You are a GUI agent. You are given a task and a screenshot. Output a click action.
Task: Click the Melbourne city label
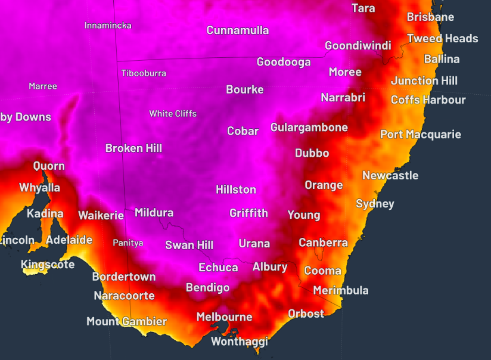[x=225, y=317]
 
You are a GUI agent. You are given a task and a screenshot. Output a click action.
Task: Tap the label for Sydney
[x=375, y=204]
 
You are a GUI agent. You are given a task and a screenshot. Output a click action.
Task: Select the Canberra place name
[x=323, y=243]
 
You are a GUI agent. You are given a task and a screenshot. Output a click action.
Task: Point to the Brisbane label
[x=430, y=17]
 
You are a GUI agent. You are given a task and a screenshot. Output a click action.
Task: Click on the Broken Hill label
[x=133, y=148]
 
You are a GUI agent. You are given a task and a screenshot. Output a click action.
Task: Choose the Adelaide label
[x=69, y=240]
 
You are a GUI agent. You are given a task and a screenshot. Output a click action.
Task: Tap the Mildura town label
[x=154, y=213]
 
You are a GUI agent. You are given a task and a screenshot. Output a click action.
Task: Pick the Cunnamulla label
[x=238, y=30]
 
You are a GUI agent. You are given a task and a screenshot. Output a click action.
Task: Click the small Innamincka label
[x=108, y=26]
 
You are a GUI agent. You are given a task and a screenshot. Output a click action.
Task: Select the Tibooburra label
[x=144, y=73]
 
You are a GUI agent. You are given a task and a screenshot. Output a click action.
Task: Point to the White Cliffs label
[x=173, y=113]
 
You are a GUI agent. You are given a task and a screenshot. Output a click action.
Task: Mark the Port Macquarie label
[x=421, y=135]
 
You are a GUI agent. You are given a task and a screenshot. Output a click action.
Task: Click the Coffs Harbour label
[x=428, y=100]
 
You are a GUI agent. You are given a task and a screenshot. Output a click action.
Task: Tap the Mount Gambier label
[x=126, y=321]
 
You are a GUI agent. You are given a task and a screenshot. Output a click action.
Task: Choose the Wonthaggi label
[x=240, y=342]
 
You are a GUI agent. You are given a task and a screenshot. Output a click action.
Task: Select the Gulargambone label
[x=309, y=128]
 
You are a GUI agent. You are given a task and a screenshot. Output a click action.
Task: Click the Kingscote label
[x=48, y=264]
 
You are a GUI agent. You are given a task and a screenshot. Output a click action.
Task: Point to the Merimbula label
[x=341, y=290]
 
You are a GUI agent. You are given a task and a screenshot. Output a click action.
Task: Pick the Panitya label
[x=128, y=243]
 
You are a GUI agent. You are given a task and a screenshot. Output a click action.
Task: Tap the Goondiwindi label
[x=358, y=46]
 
